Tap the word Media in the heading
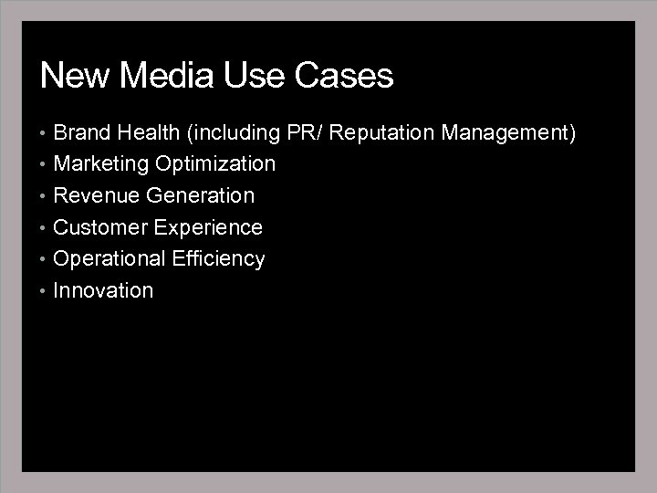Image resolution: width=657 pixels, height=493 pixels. [x=160, y=76]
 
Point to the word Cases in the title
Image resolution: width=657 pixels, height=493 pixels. [x=345, y=76]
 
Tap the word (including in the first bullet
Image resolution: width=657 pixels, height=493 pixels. [x=234, y=133]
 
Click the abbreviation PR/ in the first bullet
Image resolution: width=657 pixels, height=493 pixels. [x=305, y=133]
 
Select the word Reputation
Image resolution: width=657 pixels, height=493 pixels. [x=382, y=133]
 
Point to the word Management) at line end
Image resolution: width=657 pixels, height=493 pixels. [x=509, y=133]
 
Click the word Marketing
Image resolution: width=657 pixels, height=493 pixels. [x=101, y=164]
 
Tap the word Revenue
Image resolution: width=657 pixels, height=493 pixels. [x=97, y=196]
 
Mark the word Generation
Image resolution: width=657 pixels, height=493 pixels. [x=200, y=196]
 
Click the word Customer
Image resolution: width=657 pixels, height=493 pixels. [x=100, y=227]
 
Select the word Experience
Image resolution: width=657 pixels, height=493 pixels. [x=208, y=227]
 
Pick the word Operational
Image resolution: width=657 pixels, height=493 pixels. [x=109, y=259]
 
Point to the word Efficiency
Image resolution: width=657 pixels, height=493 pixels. [x=219, y=259]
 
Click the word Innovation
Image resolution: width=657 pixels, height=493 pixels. [x=103, y=291]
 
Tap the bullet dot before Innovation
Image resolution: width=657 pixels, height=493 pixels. [x=44, y=291]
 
